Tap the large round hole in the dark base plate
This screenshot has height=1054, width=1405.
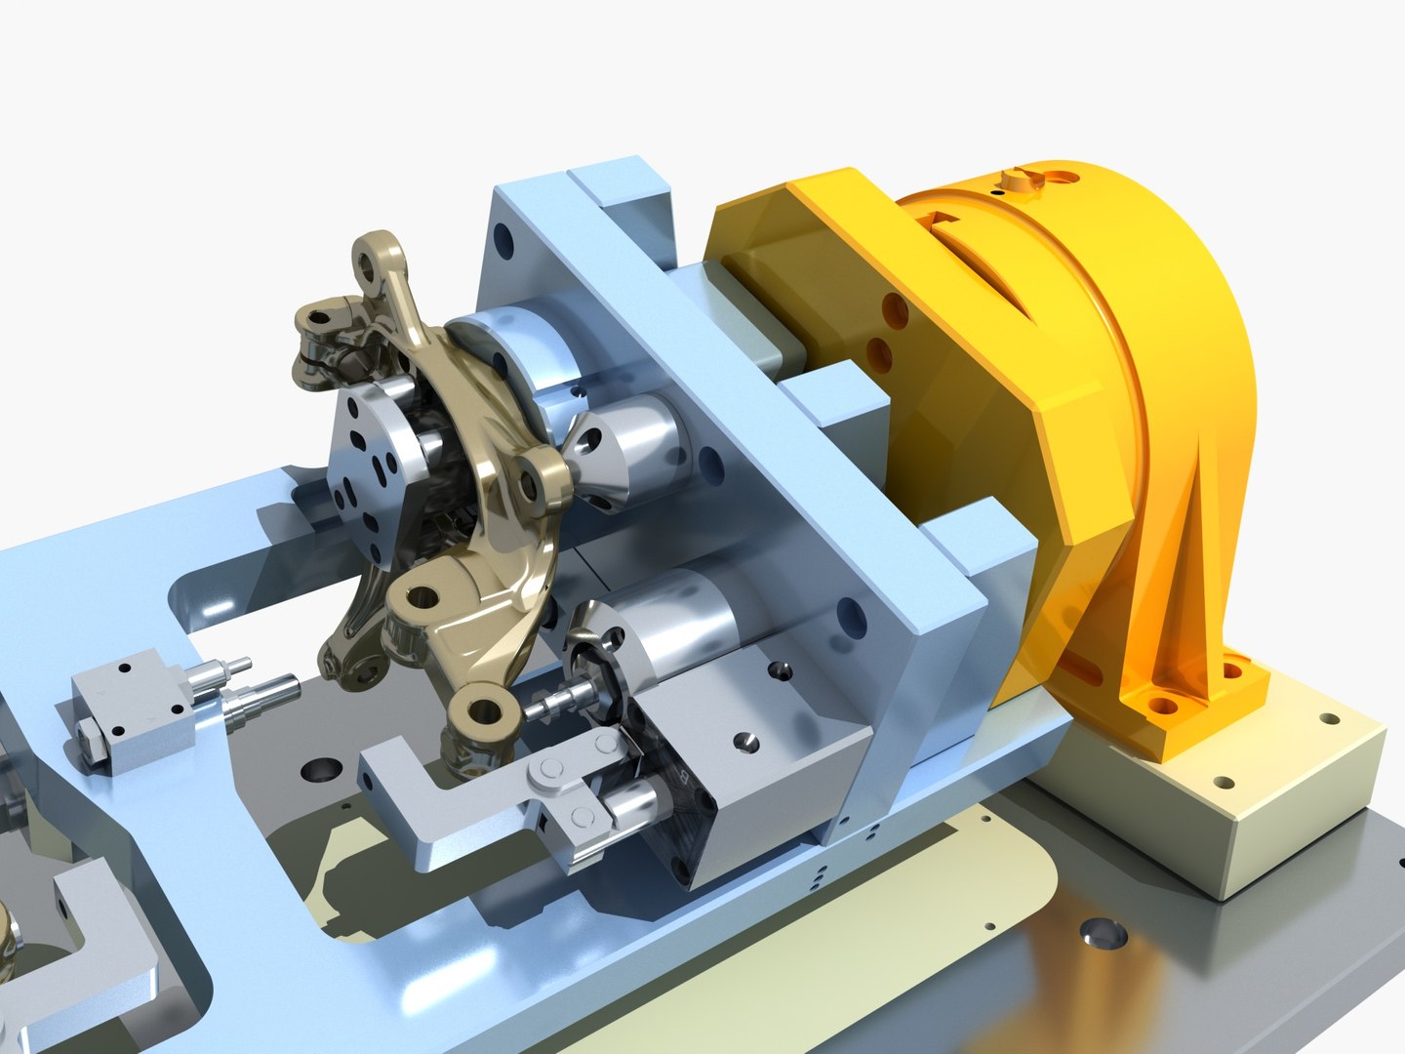pos(1103,934)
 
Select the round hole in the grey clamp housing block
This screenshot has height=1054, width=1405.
pos(745,742)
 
